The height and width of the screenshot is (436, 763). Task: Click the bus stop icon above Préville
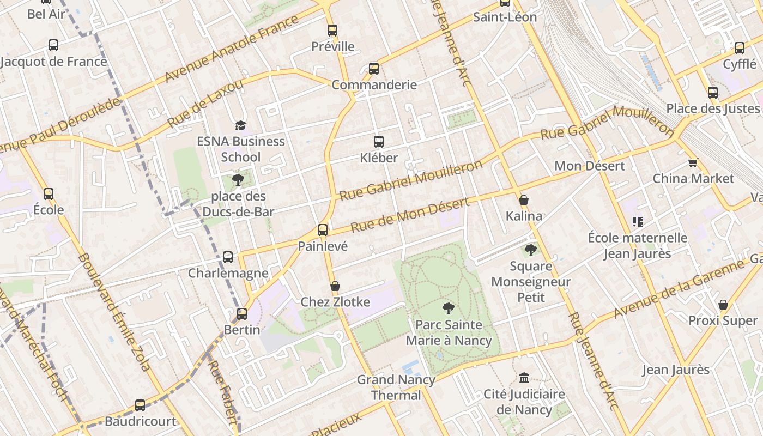[332, 31]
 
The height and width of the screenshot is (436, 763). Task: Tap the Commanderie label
[374, 85]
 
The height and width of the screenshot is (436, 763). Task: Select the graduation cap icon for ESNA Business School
[240, 126]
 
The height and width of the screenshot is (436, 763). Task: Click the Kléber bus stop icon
[379, 142]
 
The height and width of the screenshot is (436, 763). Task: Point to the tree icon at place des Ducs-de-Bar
[238, 180]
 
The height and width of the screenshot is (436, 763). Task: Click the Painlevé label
[323, 246]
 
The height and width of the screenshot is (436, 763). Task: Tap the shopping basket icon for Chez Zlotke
[335, 286]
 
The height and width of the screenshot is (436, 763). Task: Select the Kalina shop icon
[524, 200]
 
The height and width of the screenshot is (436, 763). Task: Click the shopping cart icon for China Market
[693, 162]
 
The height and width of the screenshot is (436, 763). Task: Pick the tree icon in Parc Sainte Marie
[448, 308]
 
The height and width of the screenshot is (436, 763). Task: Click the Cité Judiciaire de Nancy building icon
[524, 378]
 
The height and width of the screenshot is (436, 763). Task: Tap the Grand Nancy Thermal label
[396, 387]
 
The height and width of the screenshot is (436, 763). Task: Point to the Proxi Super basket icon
[723, 305]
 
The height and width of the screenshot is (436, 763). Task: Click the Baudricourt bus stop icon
[140, 405]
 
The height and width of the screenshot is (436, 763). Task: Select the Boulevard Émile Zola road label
[114, 312]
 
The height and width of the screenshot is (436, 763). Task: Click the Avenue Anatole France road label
[232, 49]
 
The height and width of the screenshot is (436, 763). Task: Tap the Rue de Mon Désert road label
[409, 215]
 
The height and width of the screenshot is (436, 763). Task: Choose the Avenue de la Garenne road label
[679, 289]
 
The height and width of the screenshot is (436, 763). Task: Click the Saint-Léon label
[505, 17]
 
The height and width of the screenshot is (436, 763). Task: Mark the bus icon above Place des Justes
[713, 93]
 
